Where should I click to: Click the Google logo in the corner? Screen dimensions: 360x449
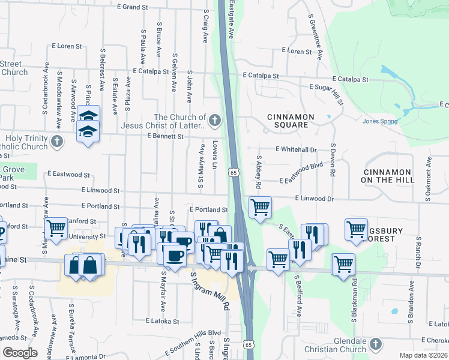[19, 352]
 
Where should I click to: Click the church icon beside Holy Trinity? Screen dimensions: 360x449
[57, 142]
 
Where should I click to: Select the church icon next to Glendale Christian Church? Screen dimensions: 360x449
[376, 344]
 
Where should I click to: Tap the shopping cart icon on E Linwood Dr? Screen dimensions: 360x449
[259, 208]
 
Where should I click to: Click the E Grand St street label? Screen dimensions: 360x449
[132, 7]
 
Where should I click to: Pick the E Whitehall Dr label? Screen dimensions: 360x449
[296, 149]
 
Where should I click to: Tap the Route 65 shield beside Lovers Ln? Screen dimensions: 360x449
[232, 173]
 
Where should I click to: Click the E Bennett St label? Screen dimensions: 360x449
[165, 137]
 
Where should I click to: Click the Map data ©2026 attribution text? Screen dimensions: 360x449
[424, 355]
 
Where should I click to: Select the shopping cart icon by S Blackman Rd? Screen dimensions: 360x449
[343, 264]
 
